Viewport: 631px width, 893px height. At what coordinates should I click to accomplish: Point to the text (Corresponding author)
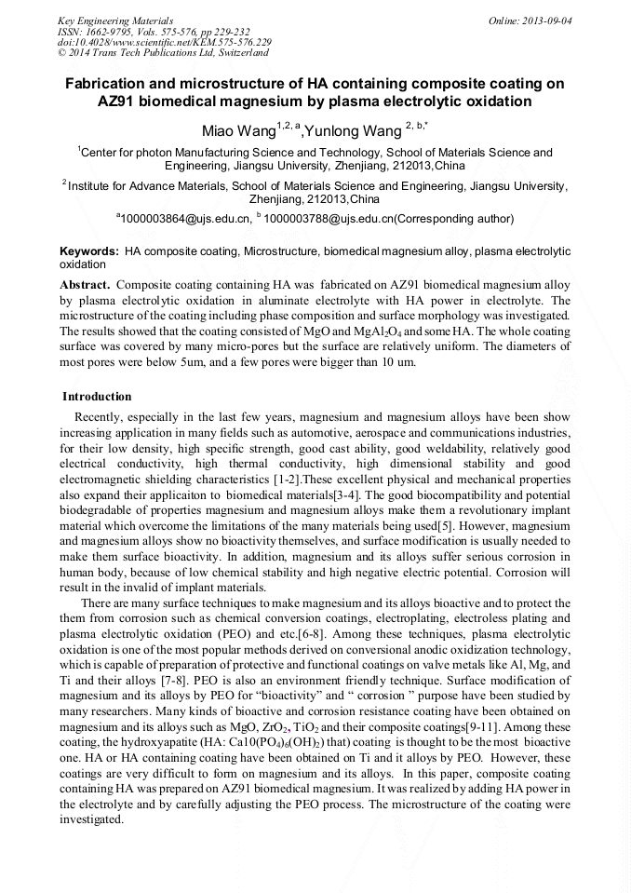(x=453, y=219)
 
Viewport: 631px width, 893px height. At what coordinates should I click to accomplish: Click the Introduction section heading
(x=97, y=397)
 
